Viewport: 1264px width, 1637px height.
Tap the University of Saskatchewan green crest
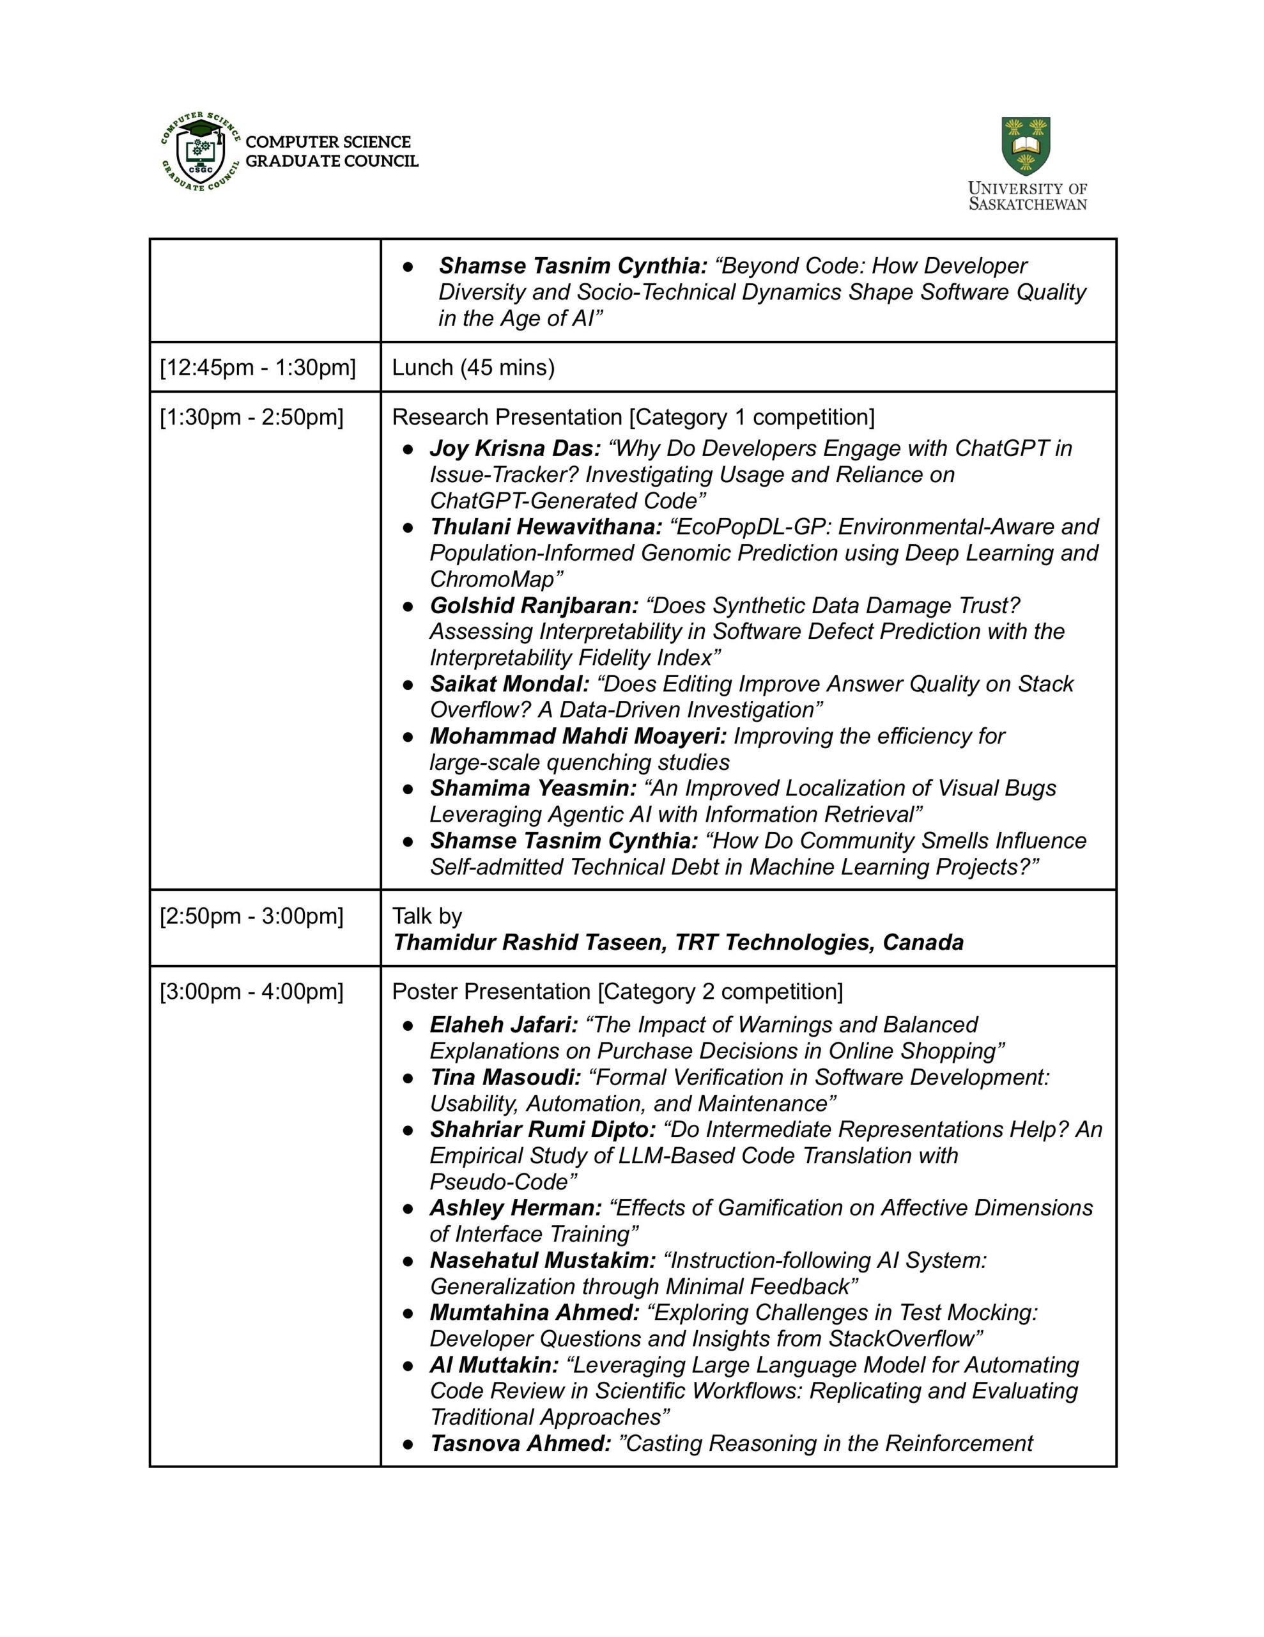[x=1026, y=146]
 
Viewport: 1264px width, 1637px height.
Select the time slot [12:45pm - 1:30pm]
[x=258, y=367]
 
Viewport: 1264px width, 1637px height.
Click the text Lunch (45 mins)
[x=473, y=367]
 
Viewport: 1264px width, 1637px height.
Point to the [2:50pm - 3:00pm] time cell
[x=252, y=916]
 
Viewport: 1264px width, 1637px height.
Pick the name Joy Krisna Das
[x=515, y=448]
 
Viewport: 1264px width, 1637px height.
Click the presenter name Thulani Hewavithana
[x=546, y=527]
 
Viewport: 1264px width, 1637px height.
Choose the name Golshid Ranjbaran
[x=534, y=606]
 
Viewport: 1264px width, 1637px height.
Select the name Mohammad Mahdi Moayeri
[x=578, y=736]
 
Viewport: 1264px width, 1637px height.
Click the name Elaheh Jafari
[x=504, y=1024]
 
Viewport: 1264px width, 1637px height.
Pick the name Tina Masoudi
[x=505, y=1077]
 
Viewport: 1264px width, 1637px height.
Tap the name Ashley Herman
[x=516, y=1207]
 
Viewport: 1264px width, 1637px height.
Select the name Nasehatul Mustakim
[x=543, y=1260]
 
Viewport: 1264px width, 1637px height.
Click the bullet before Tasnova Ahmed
[x=408, y=1444]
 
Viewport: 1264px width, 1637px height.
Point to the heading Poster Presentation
[x=491, y=992]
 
